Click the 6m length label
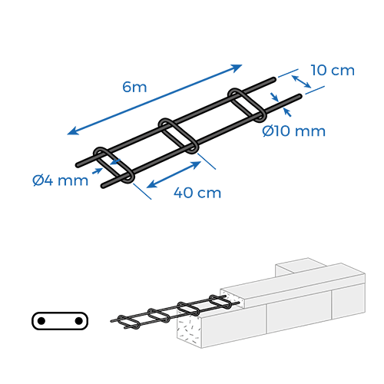coord(134,87)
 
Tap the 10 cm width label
coord(333,70)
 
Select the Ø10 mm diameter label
coord(294,131)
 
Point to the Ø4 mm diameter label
coord(61,180)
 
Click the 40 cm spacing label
coord(197,193)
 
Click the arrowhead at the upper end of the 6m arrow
coord(236,68)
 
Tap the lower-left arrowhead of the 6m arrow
coord(73,131)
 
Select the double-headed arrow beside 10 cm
coord(302,81)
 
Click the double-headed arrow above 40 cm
coord(174,175)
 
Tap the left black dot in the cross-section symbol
coord(41,321)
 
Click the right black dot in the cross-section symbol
coord(78,321)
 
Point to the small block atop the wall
coord(300,266)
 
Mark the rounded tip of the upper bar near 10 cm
coord(274,79)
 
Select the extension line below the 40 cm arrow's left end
coord(142,191)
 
